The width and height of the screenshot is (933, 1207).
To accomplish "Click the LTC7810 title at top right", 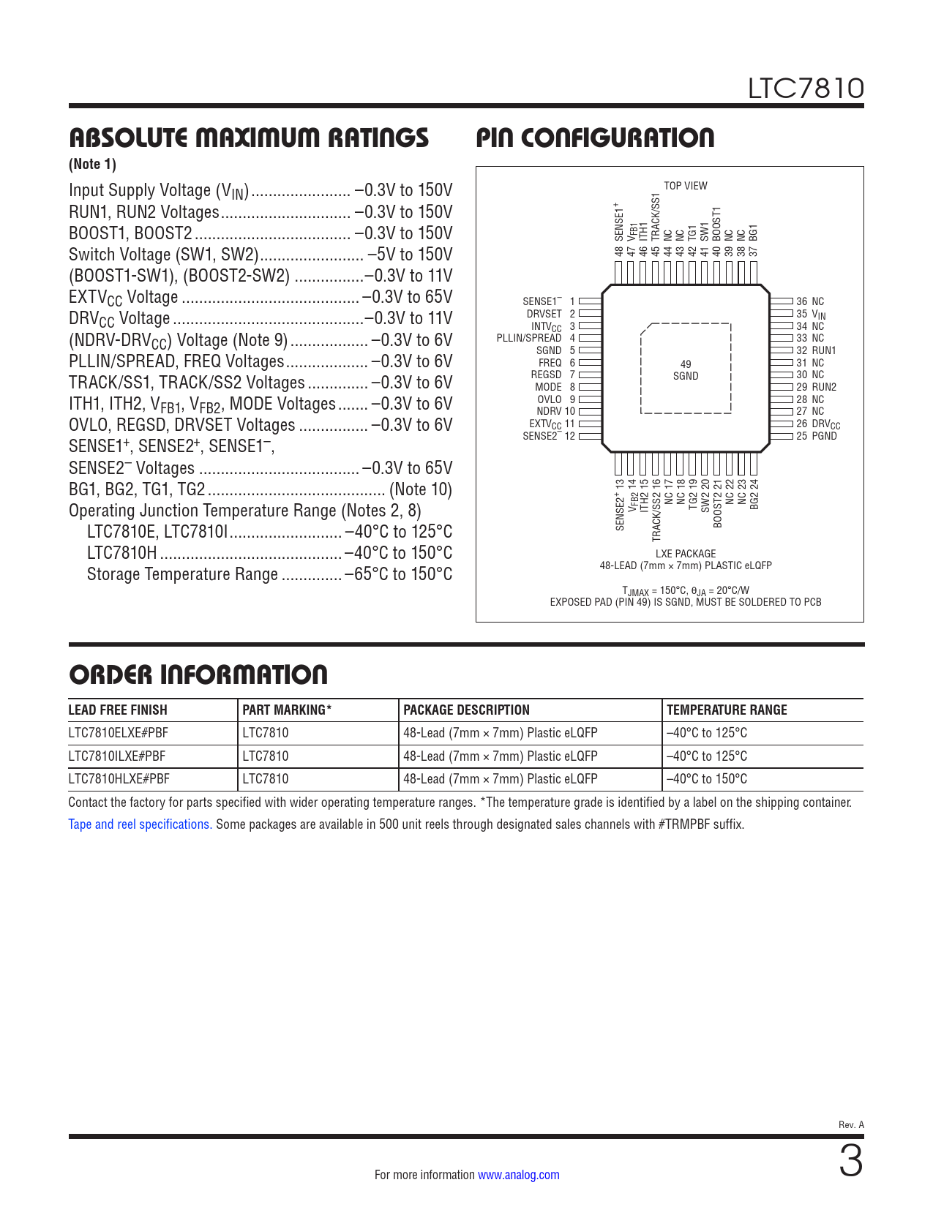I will pyautogui.click(x=805, y=89).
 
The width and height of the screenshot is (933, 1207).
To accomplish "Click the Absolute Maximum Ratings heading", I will pyautogui.click(x=249, y=138).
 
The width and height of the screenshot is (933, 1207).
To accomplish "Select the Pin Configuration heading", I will pyautogui.click(x=595, y=138).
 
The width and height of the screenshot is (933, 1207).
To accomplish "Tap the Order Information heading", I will pyautogui.click(x=198, y=674).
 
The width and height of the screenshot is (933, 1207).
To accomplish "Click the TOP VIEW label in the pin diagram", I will pyautogui.click(x=685, y=186).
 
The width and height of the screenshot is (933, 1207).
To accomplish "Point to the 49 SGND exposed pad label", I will pyautogui.click(x=686, y=370).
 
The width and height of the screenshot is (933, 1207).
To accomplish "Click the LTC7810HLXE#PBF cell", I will pyautogui.click(x=119, y=779).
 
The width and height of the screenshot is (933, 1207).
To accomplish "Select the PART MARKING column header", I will pyautogui.click(x=287, y=710).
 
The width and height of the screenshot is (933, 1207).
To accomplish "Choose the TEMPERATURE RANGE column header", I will pyautogui.click(x=727, y=710).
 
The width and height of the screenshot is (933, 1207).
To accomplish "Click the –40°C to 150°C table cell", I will pyautogui.click(x=707, y=779).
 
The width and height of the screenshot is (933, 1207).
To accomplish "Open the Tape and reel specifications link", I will pyautogui.click(x=140, y=824).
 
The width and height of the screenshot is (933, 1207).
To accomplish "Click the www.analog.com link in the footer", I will pyautogui.click(x=518, y=1175).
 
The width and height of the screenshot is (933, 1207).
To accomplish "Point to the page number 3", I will pyautogui.click(x=850, y=1162).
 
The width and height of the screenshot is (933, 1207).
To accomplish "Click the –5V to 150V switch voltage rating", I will pyautogui.click(x=410, y=255).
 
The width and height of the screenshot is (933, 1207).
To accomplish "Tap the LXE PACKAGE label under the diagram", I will pyautogui.click(x=686, y=554).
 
